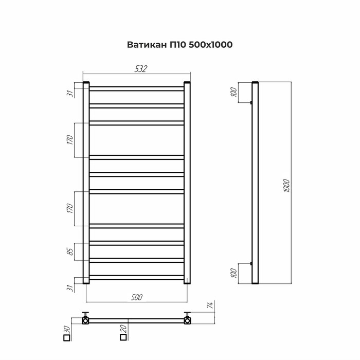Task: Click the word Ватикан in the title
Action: pyautogui.click(x=147, y=45)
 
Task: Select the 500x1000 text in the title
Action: pyautogui.click(x=210, y=45)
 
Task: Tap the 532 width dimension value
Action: pyautogui.click(x=140, y=69)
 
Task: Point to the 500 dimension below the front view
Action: pyautogui.click(x=137, y=297)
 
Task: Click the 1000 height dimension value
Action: pyautogui.click(x=286, y=186)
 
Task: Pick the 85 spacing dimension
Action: pyautogui.click(x=71, y=251)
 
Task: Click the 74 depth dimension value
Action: pyautogui.click(x=210, y=305)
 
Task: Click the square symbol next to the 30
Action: pyautogui.click(x=66, y=338)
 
